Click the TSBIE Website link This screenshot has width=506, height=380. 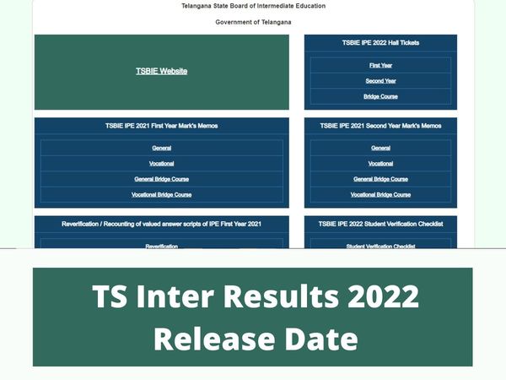tap(161, 71)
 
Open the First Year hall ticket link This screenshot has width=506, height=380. tap(380, 65)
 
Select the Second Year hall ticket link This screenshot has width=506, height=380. tap(380, 81)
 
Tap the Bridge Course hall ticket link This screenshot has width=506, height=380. tap(380, 96)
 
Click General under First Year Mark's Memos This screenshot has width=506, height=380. tap(161, 148)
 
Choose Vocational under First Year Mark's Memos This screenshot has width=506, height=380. tap(161, 163)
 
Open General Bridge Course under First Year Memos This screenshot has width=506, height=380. tap(161, 179)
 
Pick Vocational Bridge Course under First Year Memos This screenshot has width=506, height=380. tap(161, 194)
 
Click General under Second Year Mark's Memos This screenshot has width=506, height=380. tap(380, 148)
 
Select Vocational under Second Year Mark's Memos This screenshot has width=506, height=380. tap(380, 163)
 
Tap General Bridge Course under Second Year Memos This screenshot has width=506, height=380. tap(380, 179)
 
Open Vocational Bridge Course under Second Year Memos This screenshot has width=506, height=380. tap(380, 194)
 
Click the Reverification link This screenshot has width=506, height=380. tap(161, 246)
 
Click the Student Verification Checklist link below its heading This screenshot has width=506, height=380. tap(380, 246)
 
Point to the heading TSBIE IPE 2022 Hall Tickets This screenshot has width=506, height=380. tap(380, 42)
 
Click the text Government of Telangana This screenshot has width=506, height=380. tap(253, 21)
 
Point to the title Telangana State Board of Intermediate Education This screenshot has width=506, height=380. tap(253, 6)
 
